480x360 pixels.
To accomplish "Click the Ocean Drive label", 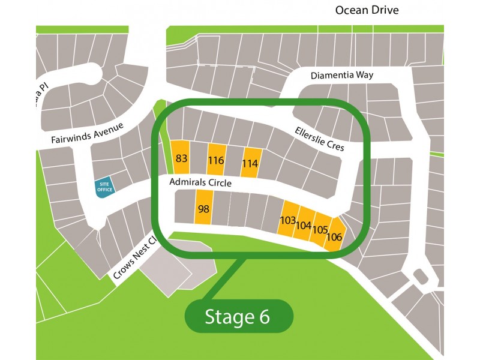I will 367,10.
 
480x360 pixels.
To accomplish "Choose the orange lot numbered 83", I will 181,158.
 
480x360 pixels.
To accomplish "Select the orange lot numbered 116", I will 216,160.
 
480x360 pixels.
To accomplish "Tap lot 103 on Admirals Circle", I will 288,220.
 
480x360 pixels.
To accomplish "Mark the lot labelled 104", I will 304,226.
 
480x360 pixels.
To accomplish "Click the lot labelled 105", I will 319,230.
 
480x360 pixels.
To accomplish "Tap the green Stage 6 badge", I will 238,317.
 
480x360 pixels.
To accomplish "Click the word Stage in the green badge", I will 230,317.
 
